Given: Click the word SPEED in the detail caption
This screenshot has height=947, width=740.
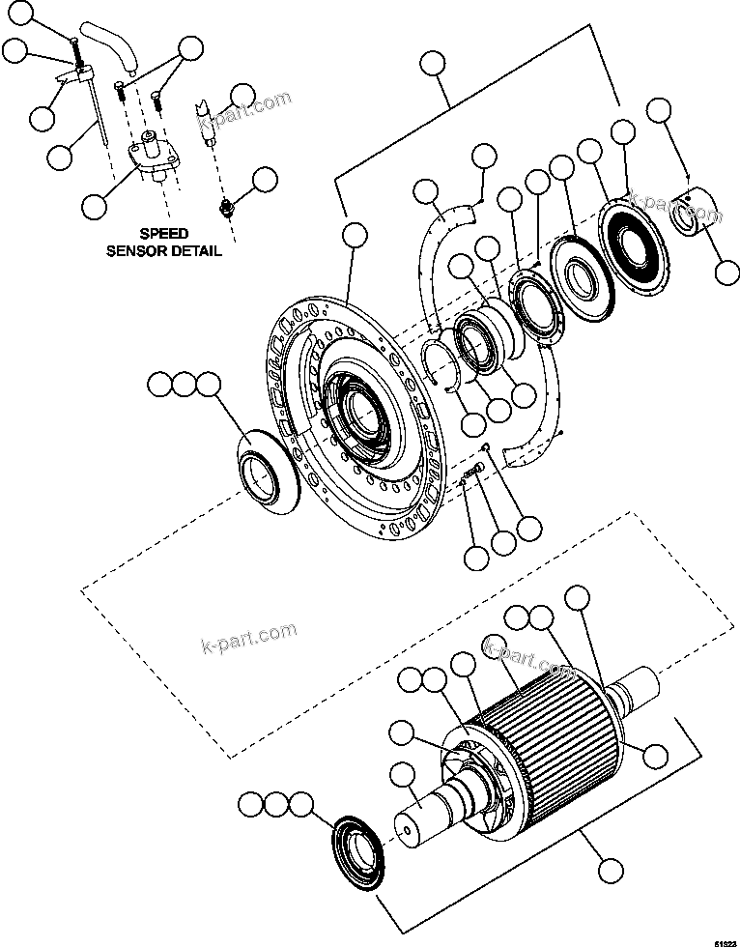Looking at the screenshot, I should [x=163, y=234].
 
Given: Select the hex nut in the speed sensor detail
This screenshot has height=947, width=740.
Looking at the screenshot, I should [x=226, y=206].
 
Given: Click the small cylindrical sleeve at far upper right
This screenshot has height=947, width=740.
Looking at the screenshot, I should [x=694, y=215].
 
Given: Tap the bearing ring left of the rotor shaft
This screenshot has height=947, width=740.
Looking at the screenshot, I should [x=359, y=848].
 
